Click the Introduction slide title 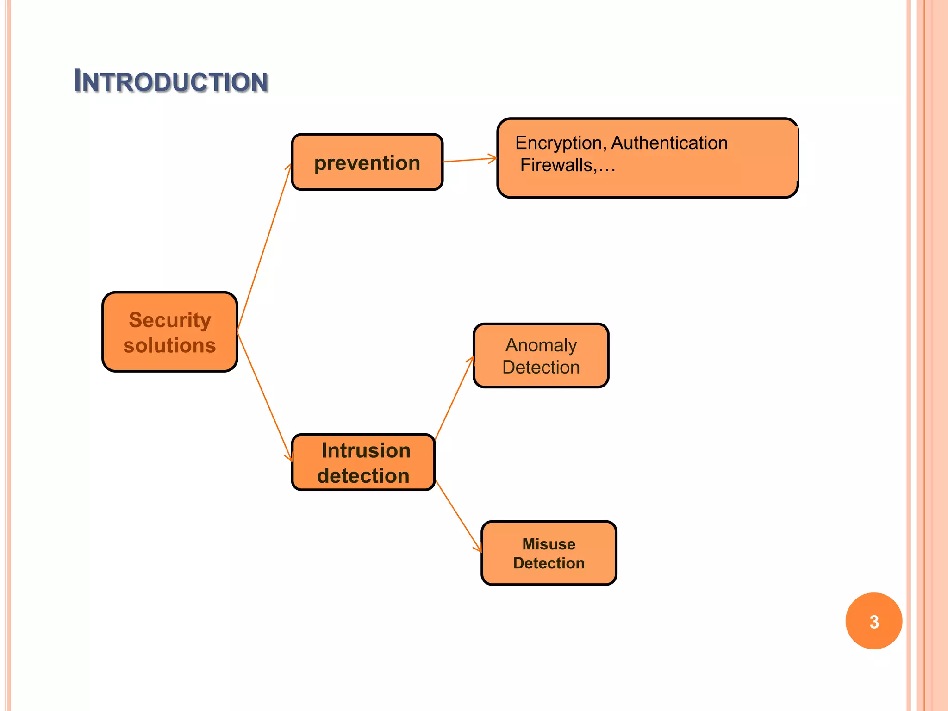tap(171, 81)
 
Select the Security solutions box tap(170, 332)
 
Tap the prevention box tap(367, 162)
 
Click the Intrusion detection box tap(363, 462)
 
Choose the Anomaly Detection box tap(541, 355)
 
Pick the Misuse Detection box tap(549, 553)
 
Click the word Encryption tap(558, 143)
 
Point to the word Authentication tap(669, 143)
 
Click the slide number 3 tap(873, 621)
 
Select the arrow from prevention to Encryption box tap(469, 160)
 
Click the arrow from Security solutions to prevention tap(264, 248)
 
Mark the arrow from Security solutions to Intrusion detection tap(264, 396)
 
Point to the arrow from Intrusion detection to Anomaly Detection tap(454, 398)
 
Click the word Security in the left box tap(170, 320)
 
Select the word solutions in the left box tap(170, 345)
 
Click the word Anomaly tap(541, 345)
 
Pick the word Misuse tap(549, 544)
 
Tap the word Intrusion tap(366, 450)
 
